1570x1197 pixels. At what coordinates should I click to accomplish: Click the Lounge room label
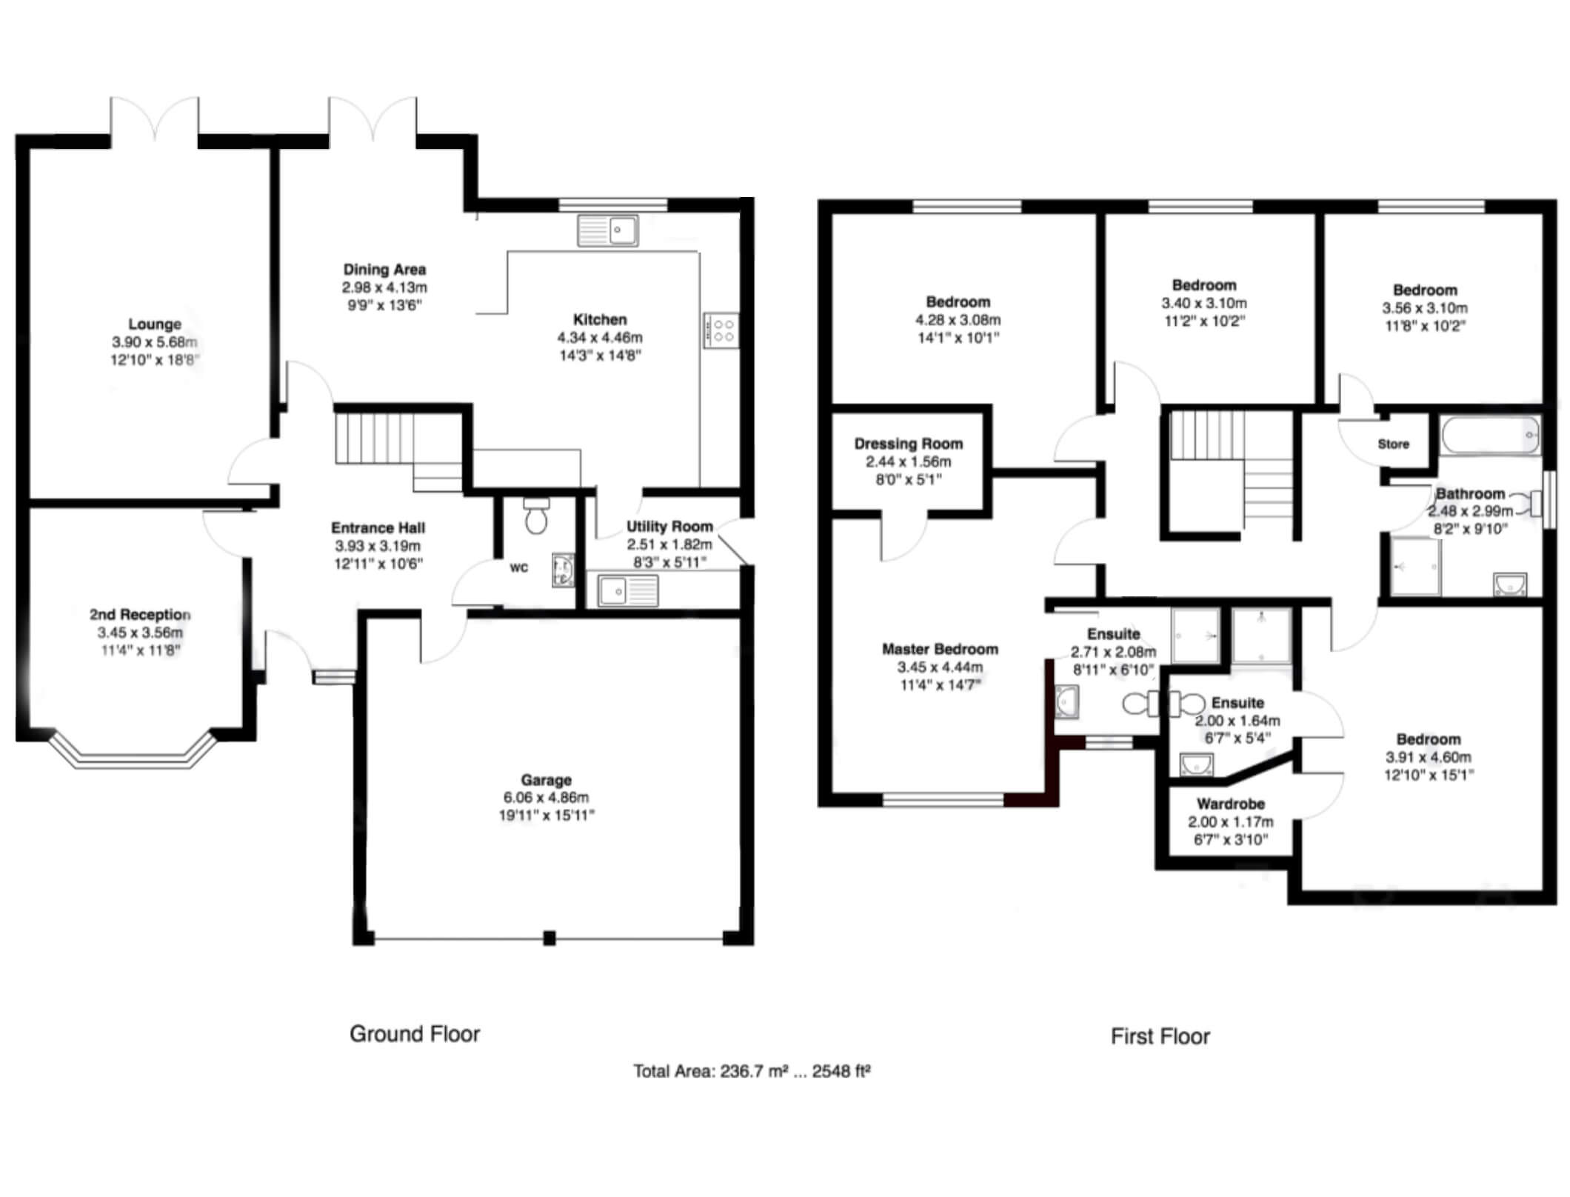click(155, 324)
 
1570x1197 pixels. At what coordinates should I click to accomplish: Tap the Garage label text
click(546, 779)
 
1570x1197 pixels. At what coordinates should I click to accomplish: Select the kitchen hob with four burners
click(721, 331)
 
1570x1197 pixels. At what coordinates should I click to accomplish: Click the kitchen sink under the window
click(608, 230)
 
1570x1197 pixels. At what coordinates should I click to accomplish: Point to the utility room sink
click(628, 590)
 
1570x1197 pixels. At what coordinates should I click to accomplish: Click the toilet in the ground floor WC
click(535, 516)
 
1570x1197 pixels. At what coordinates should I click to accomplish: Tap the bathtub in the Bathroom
click(1490, 435)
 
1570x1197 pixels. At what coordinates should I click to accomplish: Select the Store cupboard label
click(1393, 444)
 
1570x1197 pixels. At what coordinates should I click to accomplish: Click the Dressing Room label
click(909, 444)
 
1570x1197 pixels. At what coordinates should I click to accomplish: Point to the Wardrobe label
click(1231, 804)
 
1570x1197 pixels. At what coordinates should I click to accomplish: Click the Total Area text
click(752, 1071)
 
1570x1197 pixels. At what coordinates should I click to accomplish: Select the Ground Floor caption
click(415, 1034)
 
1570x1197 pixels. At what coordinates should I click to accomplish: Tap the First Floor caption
click(1160, 1036)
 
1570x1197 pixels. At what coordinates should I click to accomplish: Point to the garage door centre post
click(549, 938)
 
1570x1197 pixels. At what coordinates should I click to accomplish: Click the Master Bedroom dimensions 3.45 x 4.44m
click(940, 667)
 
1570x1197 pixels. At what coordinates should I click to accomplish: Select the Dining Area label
click(384, 270)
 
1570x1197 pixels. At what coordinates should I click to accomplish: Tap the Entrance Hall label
click(378, 528)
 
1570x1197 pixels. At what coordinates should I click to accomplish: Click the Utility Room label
click(669, 527)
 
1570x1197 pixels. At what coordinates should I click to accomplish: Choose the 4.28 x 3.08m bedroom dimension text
click(958, 320)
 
